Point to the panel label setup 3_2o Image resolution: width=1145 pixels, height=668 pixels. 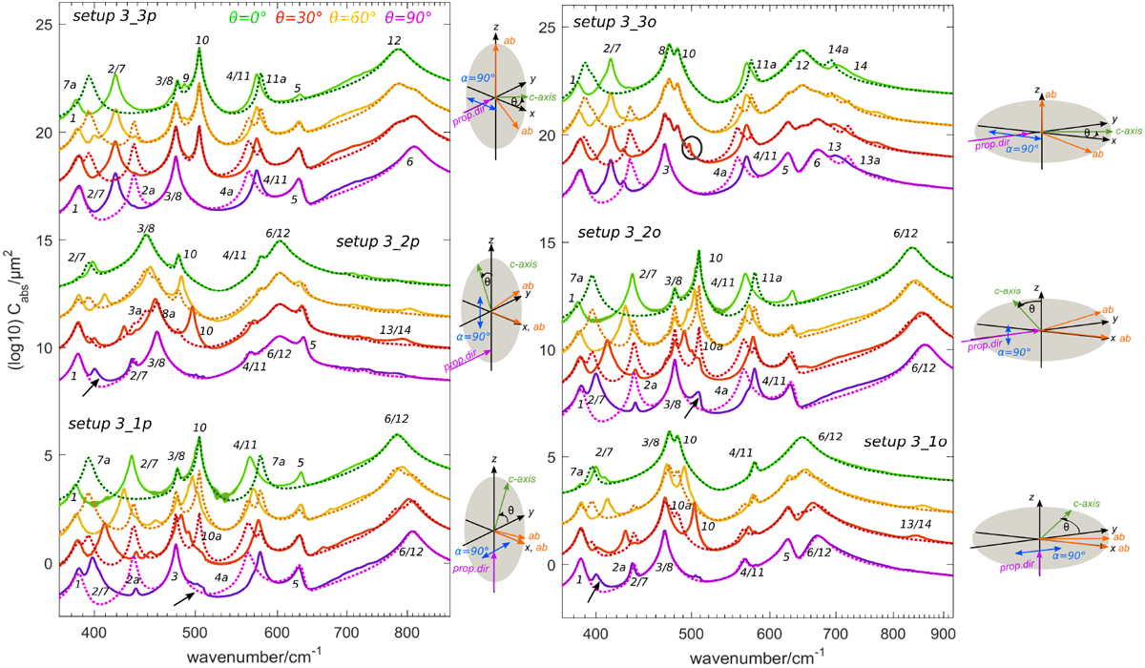pos(611,233)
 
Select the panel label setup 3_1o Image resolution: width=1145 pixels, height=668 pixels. pos(905,444)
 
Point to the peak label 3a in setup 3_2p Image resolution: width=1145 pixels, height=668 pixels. pos(135,310)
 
